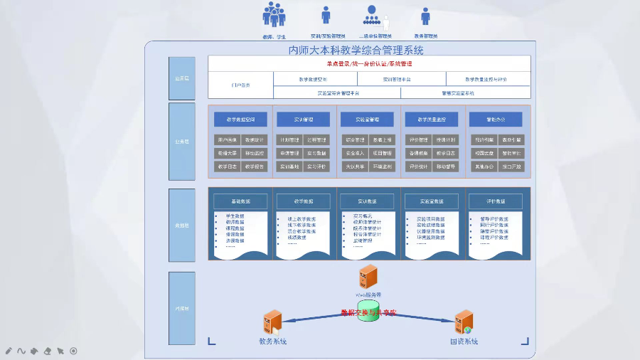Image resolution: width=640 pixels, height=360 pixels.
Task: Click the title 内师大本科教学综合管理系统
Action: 356,50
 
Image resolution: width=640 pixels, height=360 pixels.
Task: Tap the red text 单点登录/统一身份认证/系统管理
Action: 369,63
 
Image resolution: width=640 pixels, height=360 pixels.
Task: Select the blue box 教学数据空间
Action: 240,119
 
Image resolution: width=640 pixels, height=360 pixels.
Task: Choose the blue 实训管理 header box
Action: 304,119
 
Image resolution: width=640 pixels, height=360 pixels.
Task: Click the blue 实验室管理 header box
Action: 366,119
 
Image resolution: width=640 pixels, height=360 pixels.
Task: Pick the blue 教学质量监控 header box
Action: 432,119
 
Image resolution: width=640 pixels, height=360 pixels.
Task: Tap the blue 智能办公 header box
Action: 495,119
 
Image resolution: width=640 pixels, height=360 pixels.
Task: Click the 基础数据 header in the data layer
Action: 240,201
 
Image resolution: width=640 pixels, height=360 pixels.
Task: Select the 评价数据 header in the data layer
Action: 495,201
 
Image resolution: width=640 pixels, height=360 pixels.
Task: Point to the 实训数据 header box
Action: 366,201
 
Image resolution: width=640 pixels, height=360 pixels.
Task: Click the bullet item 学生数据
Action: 235,216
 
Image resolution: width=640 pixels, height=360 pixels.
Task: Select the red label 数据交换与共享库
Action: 368,312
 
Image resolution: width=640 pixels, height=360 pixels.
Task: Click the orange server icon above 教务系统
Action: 272,322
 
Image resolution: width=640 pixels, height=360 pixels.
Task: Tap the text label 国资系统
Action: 464,342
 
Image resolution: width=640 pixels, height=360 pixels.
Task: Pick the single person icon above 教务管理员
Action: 425,16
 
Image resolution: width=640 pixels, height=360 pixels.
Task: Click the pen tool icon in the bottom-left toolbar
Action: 9,351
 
